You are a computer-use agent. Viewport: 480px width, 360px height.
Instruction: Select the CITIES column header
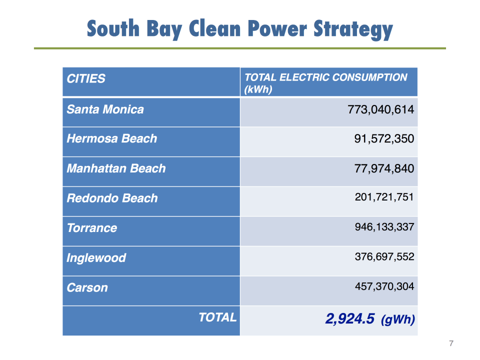(86, 78)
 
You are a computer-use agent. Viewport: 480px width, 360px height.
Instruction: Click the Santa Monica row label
(105, 109)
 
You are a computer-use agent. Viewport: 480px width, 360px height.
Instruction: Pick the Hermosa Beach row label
(111, 138)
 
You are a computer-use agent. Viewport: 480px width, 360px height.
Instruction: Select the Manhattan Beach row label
(116, 168)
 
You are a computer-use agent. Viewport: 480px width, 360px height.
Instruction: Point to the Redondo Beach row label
(112, 198)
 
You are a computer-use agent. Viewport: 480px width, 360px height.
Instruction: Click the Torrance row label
(92, 228)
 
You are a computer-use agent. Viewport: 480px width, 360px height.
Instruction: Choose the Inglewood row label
(96, 258)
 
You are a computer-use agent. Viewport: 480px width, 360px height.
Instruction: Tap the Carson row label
(87, 287)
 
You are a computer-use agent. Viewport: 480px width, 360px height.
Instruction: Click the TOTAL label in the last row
(217, 317)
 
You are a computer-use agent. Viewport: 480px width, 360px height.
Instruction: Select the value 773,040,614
(380, 109)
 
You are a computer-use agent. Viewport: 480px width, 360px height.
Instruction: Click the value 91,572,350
(384, 138)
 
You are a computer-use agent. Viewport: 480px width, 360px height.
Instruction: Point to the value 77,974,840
(384, 168)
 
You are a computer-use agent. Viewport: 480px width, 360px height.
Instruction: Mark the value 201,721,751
(384, 197)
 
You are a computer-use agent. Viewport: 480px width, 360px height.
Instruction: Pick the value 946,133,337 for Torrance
(384, 227)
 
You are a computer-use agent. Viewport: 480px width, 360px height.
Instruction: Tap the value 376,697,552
(384, 257)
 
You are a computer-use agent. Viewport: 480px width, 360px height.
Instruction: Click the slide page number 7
(451, 343)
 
